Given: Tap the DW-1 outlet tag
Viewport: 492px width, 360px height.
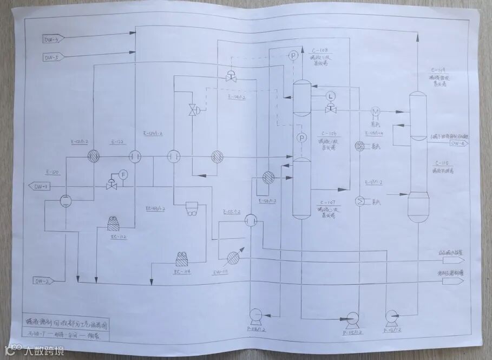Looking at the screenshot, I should (41, 187).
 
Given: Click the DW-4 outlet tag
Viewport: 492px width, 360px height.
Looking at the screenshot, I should (457, 143).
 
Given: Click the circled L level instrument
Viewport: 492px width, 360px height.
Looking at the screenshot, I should (330, 96).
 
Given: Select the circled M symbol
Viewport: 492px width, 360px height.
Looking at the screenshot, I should (373, 111).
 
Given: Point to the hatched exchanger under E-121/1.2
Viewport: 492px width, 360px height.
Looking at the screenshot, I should (94, 156).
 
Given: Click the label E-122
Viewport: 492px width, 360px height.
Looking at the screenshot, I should (117, 142).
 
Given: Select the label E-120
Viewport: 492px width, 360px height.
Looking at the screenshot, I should (53, 172).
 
